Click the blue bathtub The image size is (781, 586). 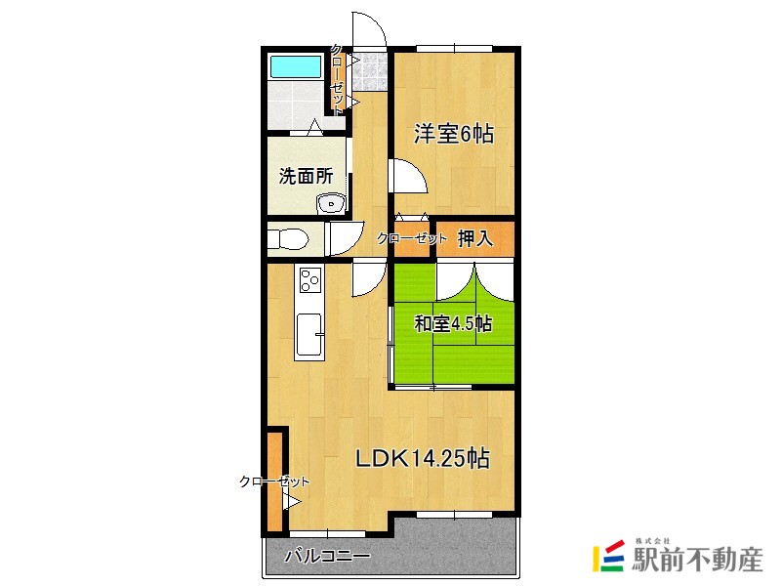[296, 66]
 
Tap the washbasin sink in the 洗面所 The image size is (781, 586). [331, 204]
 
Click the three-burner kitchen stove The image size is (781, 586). [310, 280]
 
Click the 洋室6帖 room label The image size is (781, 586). [453, 135]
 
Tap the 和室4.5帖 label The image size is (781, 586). [452, 324]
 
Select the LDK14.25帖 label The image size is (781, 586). [421, 458]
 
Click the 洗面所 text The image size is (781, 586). [306, 177]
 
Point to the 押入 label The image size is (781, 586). [474, 238]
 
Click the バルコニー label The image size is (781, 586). [327, 558]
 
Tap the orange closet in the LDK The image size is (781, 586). [274, 479]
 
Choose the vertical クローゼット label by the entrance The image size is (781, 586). [337, 80]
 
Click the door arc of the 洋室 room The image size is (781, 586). [407, 177]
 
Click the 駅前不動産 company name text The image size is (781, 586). [697, 561]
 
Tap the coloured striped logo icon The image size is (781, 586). [610, 558]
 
